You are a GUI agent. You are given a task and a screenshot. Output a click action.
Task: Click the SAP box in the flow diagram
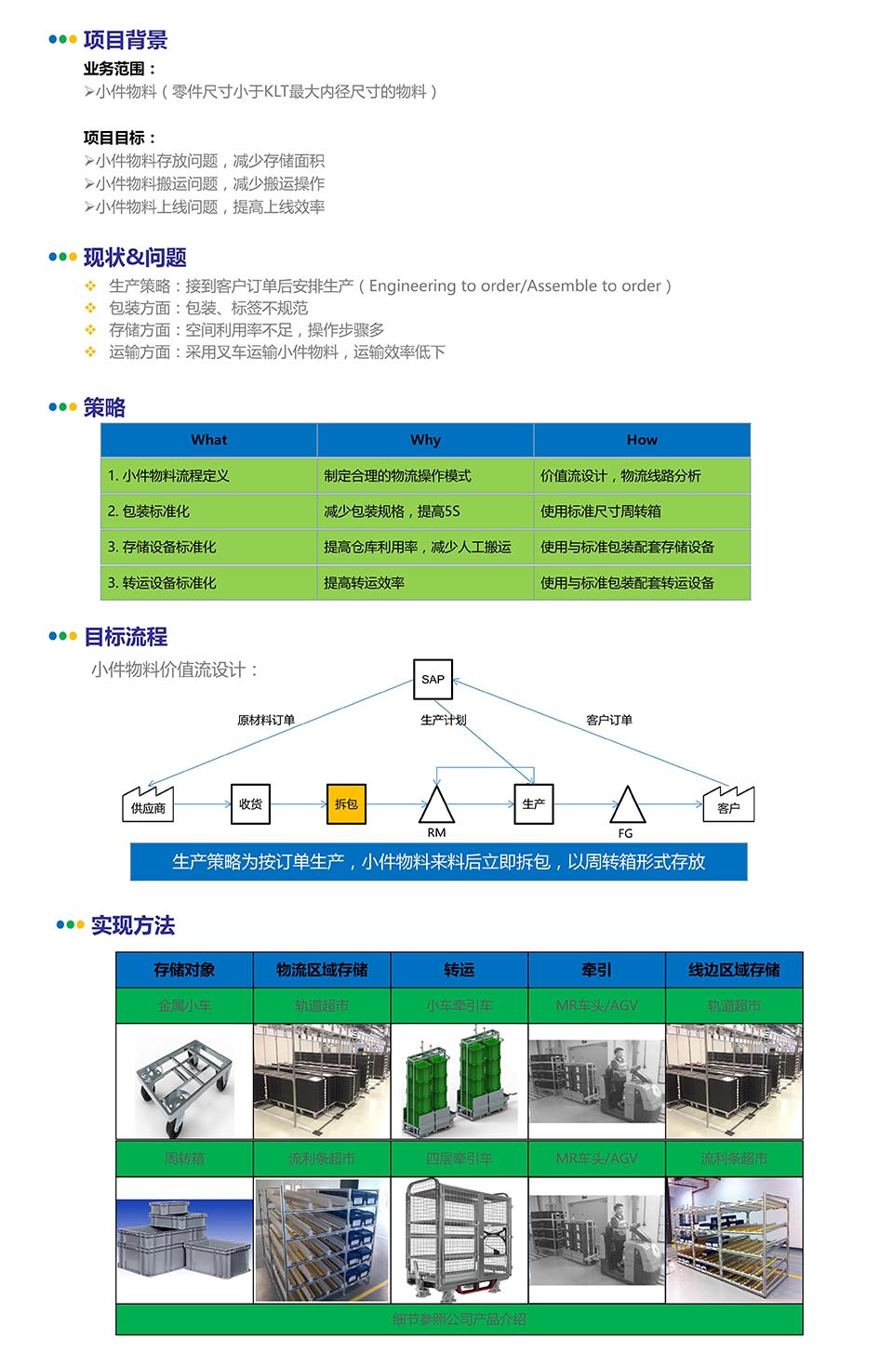click(x=433, y=679)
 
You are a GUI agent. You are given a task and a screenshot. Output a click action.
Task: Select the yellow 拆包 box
click(x=346, y=804)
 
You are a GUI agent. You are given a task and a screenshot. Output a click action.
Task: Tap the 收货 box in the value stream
click(x=250, y=804)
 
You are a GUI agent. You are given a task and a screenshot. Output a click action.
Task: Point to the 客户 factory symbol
click(x=728, y=805)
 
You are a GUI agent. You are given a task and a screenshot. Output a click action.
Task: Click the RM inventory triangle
click(x=436, y=805)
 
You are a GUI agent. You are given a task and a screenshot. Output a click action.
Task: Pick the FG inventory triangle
click(x=627, y=806)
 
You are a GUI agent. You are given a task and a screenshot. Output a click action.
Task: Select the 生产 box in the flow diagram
click(x=534, y=804)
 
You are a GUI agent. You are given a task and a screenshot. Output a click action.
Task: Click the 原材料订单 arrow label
click(x=266, y=720)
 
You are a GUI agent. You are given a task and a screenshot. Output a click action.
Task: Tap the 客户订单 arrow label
click(x=609, y=720)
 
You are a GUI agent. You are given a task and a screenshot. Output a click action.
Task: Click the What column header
click(x=208, y=440)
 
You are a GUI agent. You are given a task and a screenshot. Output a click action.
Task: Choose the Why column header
click(x=425, y=440)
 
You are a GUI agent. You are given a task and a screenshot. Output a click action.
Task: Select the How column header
click(x=642, y=440)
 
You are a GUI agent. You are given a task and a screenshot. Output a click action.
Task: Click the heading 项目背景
click(x=126, y=40)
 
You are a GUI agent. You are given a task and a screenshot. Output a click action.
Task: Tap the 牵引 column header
click(x=596, y=970)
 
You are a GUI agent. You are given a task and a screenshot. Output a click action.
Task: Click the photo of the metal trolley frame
click(x=184, y=1082)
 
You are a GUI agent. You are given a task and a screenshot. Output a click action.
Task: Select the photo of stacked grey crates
click(x=184, y=1241)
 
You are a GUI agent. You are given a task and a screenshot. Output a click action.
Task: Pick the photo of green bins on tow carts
click(x=460, y=1082)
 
